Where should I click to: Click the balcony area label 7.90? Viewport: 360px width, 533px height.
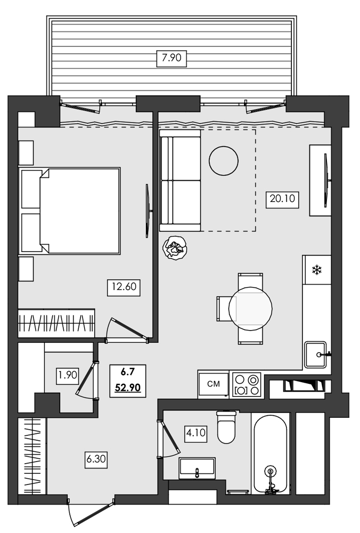tap(172, 58)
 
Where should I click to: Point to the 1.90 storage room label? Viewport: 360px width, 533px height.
tap(68, 375)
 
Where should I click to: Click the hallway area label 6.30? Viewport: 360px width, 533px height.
tap(96, 458)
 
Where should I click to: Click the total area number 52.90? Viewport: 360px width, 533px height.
tap(128, 388)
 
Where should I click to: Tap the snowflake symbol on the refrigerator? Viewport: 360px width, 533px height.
tap(316, 270)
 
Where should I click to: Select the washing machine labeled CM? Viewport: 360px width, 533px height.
tap(213, 384)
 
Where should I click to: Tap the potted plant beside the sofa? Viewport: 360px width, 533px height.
tap(175, 248)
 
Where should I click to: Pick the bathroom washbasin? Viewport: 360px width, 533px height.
tap(197, 467)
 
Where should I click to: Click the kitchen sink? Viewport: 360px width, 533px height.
tap(316, 354)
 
